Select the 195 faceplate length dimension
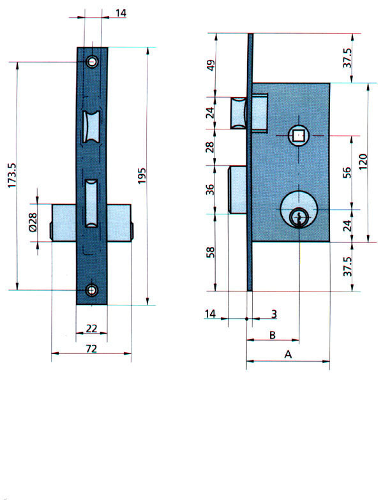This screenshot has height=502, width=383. [x=142, y=175]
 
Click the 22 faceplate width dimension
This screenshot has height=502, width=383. [x=91, y=328]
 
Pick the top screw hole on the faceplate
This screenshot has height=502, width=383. [x=93, y=62]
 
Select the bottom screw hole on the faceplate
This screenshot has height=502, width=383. [x=93, y=290]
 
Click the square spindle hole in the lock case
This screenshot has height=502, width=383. [x=297, y=135]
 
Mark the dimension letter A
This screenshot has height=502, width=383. [x=287, y=354]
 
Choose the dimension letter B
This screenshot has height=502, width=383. [x=272, y=334]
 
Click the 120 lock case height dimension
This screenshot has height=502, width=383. [x=363, y=162]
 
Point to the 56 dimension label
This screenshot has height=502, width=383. [x=348, y=172]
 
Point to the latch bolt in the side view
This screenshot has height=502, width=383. [x=238, y=112]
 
